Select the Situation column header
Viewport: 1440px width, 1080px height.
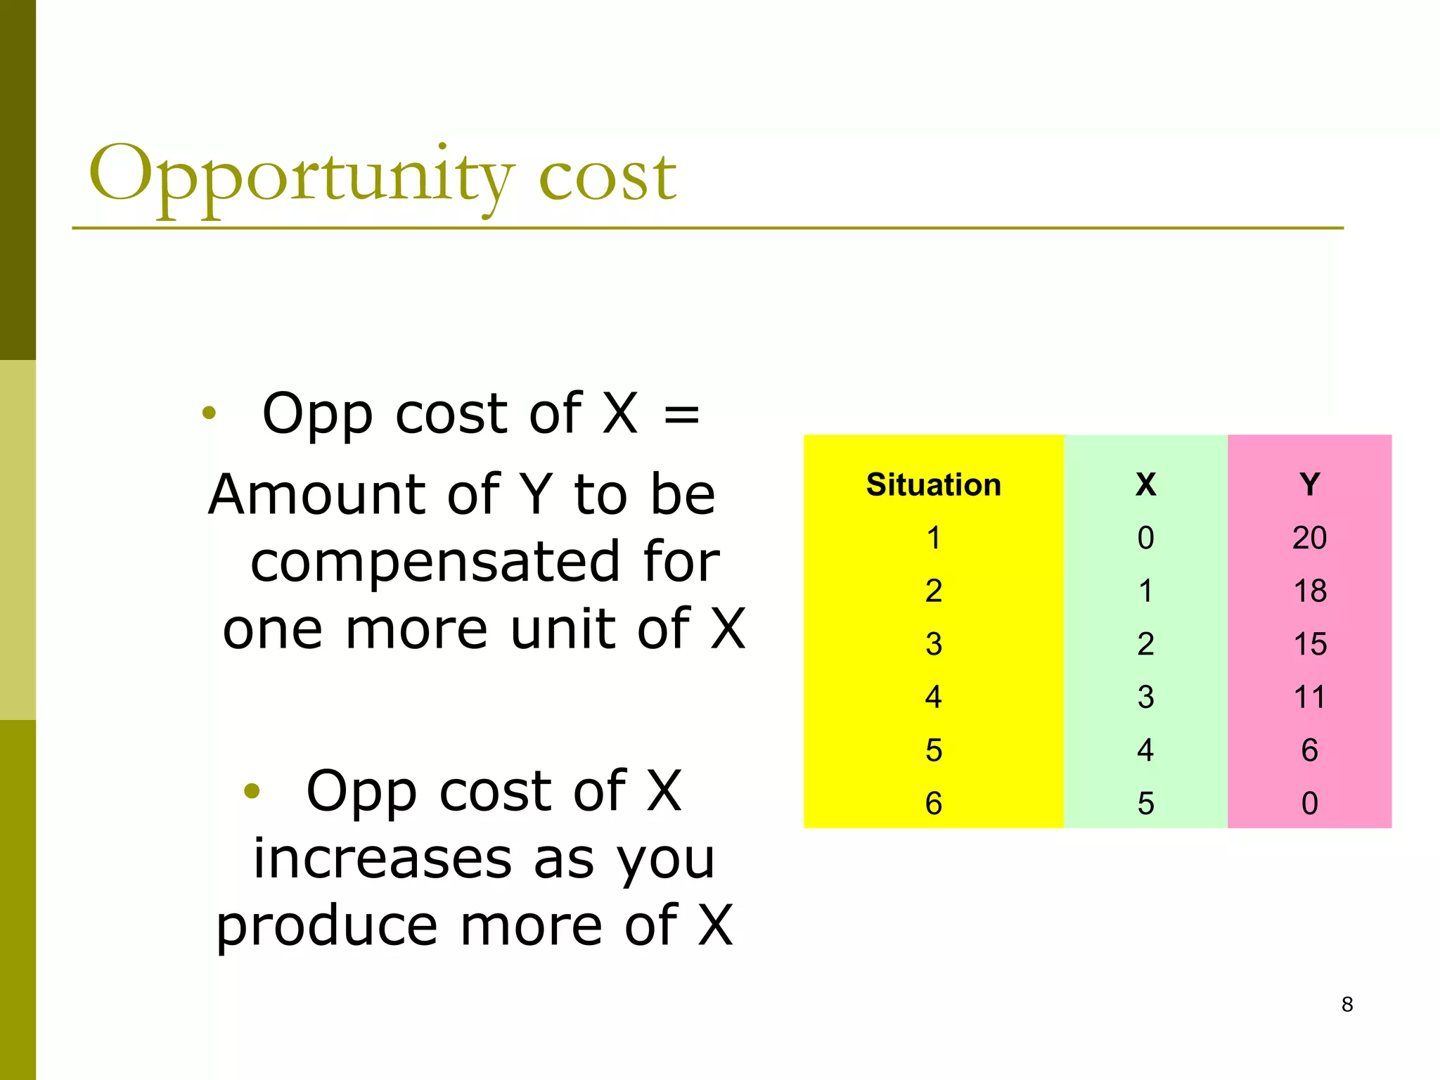pos(933,485)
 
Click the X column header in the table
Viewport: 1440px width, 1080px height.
pos(1145,485)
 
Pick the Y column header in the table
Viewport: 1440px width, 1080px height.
pos(1309,485)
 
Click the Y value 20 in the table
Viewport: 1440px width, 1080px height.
pos(1309,538)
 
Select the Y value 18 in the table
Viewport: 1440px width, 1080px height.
pos(1309,591)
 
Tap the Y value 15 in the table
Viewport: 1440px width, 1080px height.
pos(1309,644)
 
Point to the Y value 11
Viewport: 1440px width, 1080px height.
pos(1309,697)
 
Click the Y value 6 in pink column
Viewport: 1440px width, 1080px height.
pos(1309,750)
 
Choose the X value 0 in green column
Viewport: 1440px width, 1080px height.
pos(1145,538)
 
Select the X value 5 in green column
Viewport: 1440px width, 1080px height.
pos(1145,804)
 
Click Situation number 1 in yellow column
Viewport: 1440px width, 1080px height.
pos(933,538)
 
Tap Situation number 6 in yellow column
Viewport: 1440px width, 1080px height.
pos(933,804)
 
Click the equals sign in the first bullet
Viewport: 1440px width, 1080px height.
pos(681,415)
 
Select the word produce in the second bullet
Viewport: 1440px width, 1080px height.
pos(326,927)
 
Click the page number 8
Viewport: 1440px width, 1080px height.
pos(1346,1004)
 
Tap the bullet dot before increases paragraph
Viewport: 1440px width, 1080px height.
pos(252,792)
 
